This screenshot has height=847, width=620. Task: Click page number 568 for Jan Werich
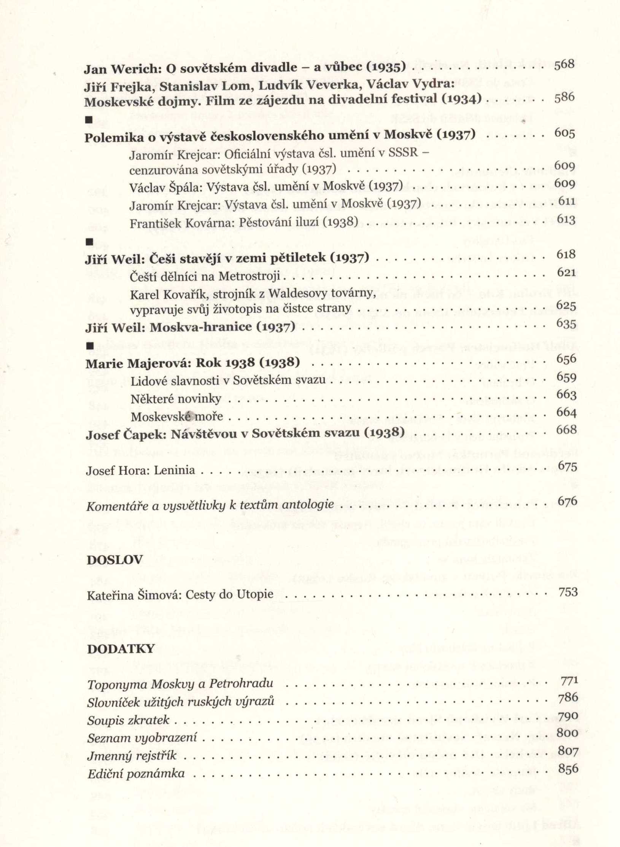click(564, 65)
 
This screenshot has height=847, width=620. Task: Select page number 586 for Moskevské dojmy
click(564, 98)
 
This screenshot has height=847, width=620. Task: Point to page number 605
click(565, 134)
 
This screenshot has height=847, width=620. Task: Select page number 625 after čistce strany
click(566, 305)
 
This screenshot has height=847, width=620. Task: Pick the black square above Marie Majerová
click(90, 346)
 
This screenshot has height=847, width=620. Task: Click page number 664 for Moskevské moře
click(566, 412)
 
